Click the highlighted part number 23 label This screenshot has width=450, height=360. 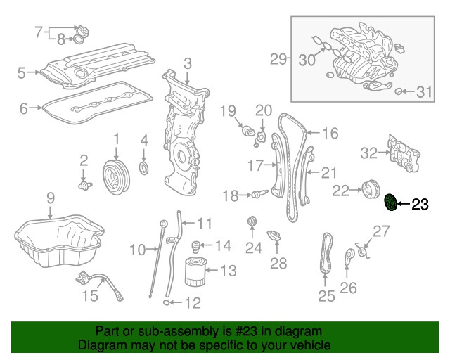[x=419, y=205]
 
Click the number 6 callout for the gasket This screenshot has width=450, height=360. [x=23, y=108]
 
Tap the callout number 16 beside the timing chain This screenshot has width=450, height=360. [x=330, y=131]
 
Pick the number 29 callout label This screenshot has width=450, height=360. [x=278, y=59]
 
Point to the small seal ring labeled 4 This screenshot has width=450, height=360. [x=144, y=169]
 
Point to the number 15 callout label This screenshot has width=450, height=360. [x=89, y=296]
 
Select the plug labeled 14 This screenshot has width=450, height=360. [x=197, y=246]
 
